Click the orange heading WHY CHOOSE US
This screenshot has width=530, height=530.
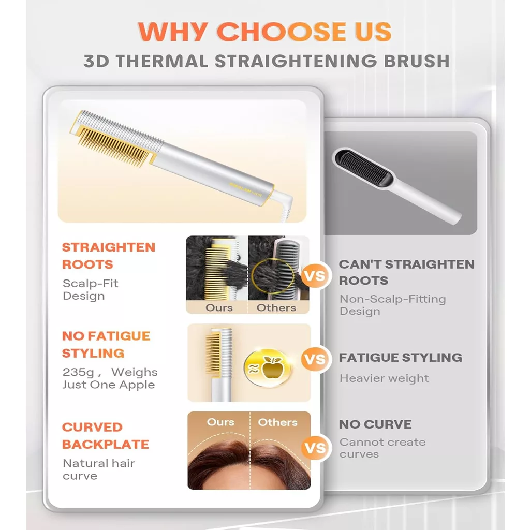pos(264,32)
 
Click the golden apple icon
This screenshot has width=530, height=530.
pos(268,368)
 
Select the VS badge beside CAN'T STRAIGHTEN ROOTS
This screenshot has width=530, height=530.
pos(315,276)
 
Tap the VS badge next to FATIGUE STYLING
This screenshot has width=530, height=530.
pos(315,359)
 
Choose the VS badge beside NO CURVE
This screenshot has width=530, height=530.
pos(315,448)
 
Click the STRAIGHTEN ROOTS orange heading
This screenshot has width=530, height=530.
pos(109,256)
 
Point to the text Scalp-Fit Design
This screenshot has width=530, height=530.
pos(90,290)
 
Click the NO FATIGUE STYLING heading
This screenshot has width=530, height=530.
pos(106,344)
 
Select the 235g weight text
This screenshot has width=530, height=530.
pos(110,378)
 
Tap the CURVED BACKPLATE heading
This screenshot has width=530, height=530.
pos(106,436)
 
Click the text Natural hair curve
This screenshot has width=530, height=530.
pos(99,469)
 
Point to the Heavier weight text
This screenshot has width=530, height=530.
pos(384,378)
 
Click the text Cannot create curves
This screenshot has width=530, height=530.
pos(382,448)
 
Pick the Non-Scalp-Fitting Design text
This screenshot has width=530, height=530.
pos(393,305)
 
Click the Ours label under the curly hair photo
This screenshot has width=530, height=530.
pos(219,308)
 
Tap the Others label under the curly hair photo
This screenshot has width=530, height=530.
pos(276,308)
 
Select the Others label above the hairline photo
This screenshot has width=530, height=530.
pos(277,422)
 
